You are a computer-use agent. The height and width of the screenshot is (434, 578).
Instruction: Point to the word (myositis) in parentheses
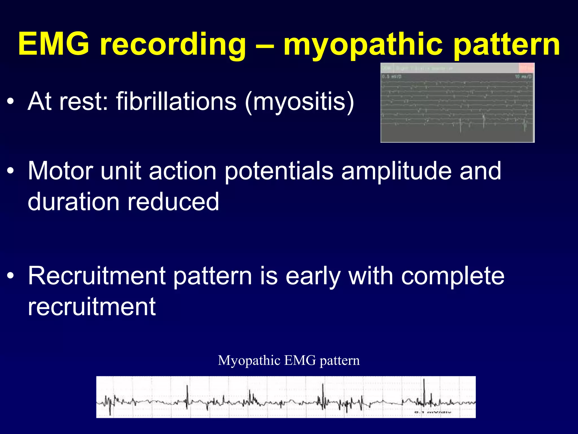299,102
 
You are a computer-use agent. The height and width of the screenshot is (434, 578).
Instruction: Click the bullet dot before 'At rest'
10,101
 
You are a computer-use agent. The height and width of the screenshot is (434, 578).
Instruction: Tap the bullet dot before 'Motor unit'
10,171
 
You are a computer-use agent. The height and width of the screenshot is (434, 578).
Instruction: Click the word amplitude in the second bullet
397,171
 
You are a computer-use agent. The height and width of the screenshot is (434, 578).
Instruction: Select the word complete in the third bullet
453,276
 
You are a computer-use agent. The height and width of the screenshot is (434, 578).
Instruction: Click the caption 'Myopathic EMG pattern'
289,361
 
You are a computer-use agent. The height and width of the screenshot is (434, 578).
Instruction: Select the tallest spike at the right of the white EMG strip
424,389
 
